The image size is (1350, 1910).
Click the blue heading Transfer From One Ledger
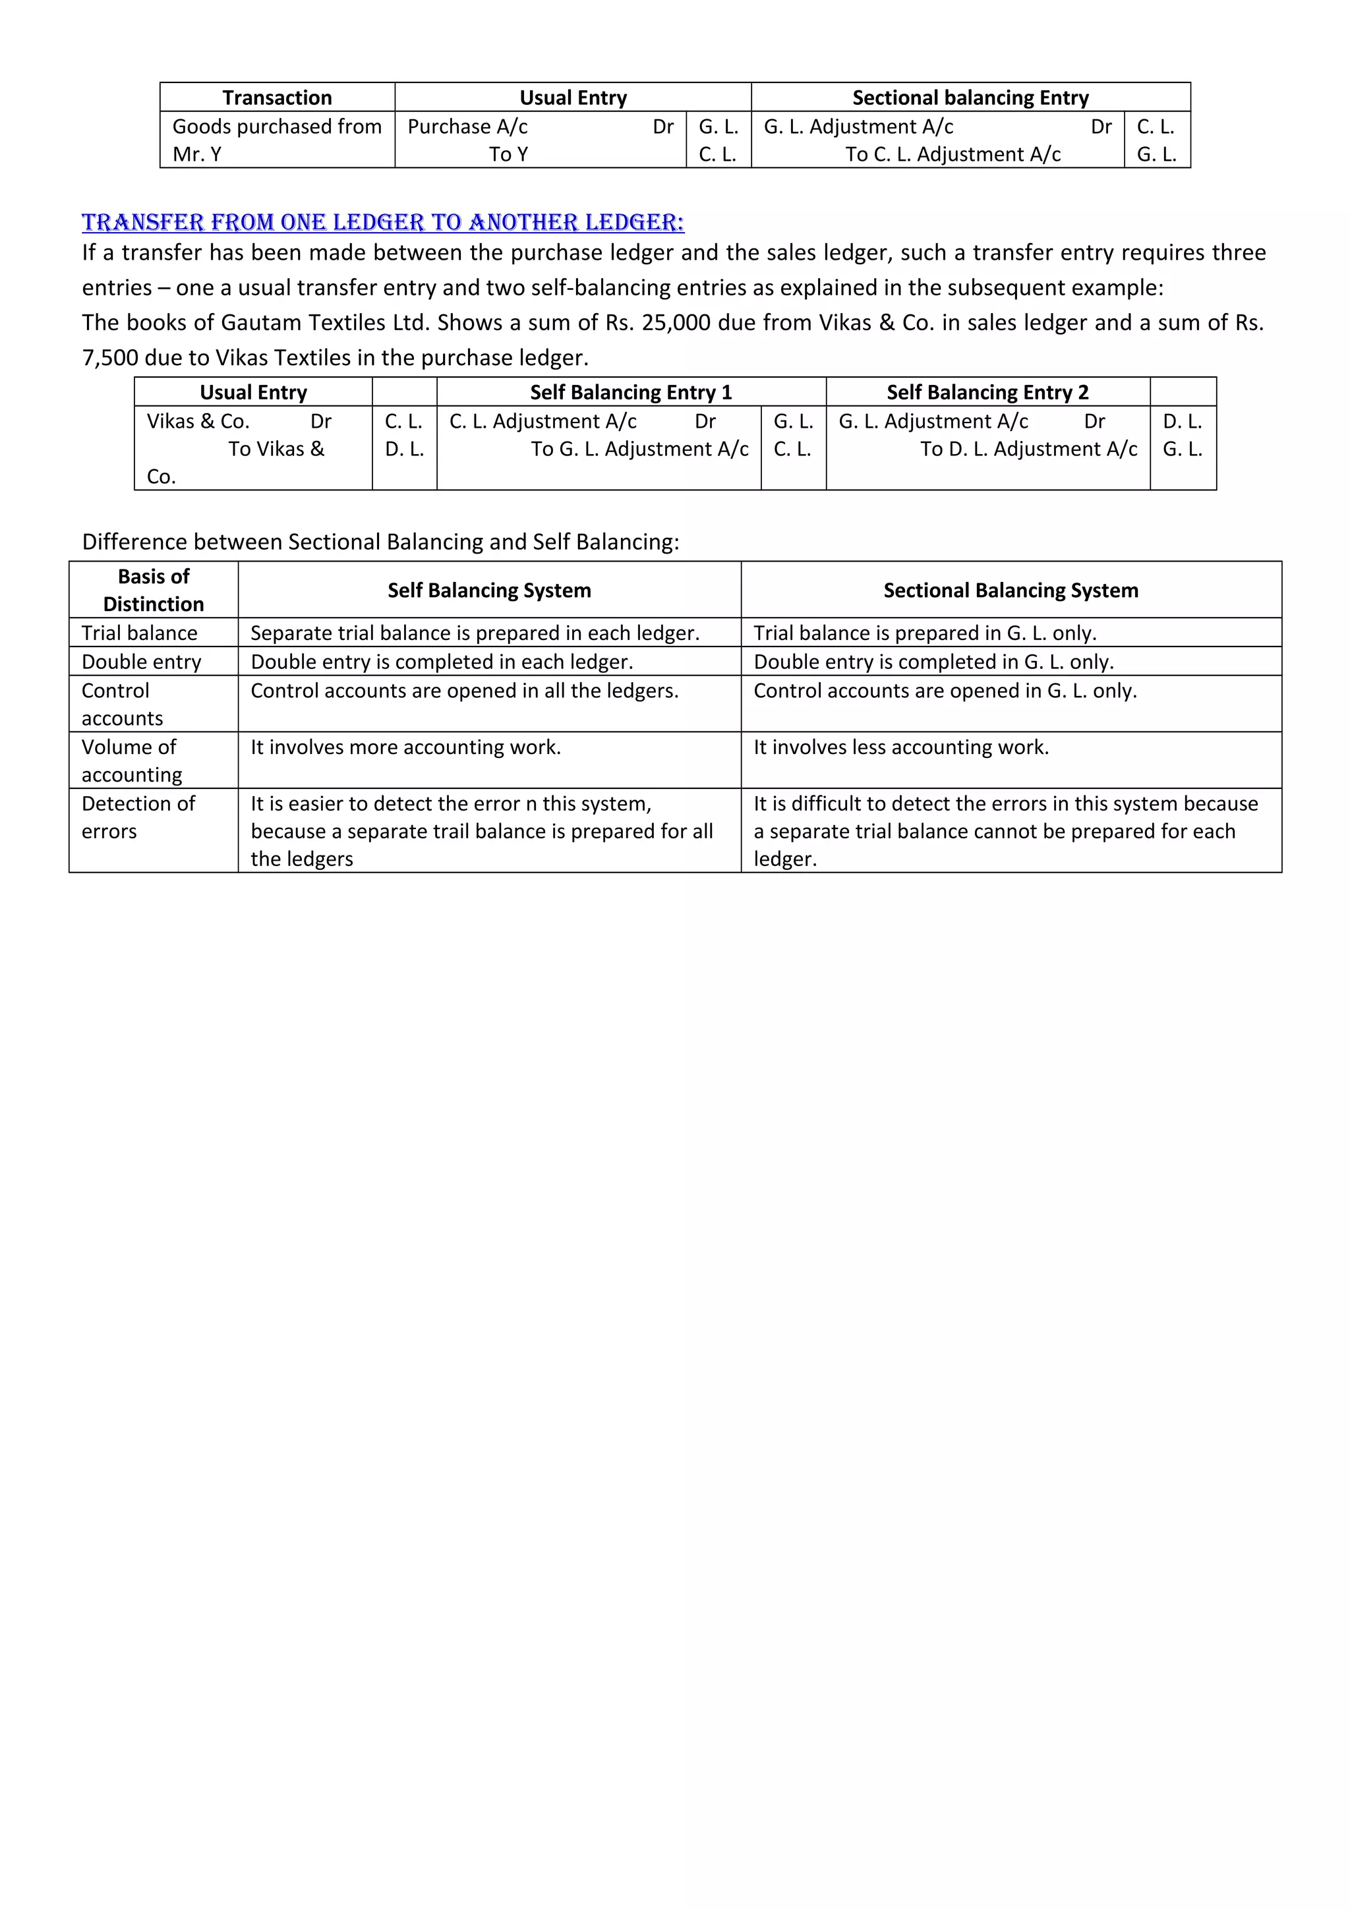pyautogui.click(x=382, y=222)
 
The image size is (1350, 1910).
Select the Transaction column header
pyautogui.click(x=277, y=98)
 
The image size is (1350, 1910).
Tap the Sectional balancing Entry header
pyautogui.click(x=970, y=98)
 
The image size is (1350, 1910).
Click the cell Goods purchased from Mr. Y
pyautogui.click(x=276, y=140)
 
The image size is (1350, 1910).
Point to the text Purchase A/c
pyautogui.click(x=467, y=127)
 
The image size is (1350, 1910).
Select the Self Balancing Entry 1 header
pyautogui.click(x=630, y=391)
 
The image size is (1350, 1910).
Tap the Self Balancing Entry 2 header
pyautogui.click(x=987, y=391)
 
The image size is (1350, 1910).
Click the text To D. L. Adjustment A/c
pyautogui.click(x=1028, y=449)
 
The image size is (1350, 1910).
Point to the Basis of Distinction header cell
pyautogui.click(x=153, y=590)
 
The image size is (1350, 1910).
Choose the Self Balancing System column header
pyautogui.click(x=489, y=590)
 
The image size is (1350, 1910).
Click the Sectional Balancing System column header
pyautogui.click(x=1011, y=590)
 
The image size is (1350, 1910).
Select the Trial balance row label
pyautogui.click(x=139, y=633)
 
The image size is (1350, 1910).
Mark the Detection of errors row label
pyautogui.click(x=137, y=817)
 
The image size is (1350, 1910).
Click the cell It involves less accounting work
pyautogui.click(x=901, y=747)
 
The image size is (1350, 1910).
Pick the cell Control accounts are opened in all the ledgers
pyautogui.click(x=464, y=691)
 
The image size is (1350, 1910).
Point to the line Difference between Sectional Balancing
pyautogui.click(x=380, y=542)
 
